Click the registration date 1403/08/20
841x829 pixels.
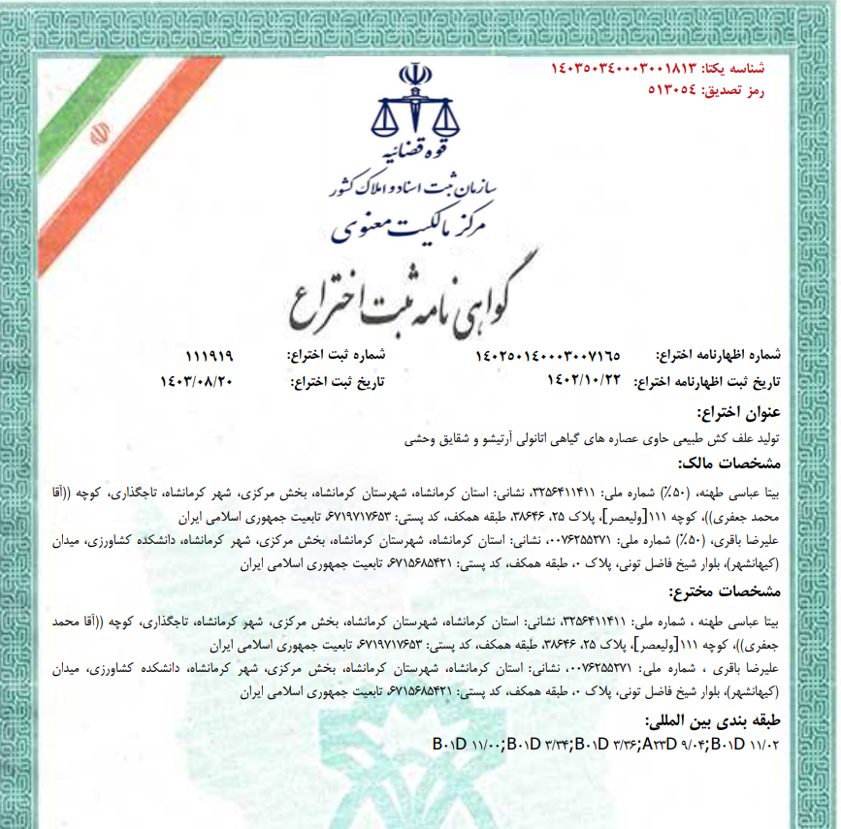tap(198, 381)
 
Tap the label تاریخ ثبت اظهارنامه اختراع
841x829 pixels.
tap(712, 381)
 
